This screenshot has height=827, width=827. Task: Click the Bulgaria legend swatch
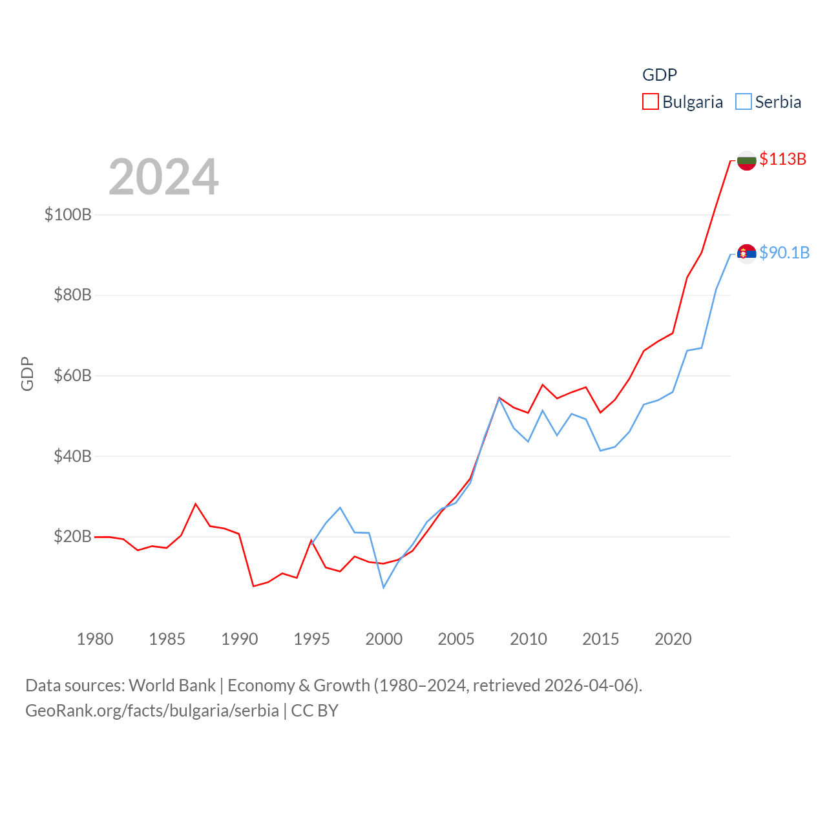pos(650,102)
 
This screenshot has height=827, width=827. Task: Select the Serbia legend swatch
pos(744,102)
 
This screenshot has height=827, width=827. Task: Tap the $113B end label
pos(782,159)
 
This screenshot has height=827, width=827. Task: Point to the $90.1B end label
pos(784,253)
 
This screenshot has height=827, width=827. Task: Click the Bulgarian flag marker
pos(746,160)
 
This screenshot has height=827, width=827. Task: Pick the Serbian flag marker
pos(746,253)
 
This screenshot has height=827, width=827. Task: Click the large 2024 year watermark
pos(163,177)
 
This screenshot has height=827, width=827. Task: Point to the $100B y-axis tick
pos(68,215)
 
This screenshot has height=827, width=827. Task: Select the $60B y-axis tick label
pos(72,375)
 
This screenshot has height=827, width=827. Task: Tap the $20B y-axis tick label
pos(72,536)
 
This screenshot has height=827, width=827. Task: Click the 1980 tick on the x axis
pos(95,639)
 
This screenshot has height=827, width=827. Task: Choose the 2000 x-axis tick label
pos(384,639)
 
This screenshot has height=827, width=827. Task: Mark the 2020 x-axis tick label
pos(673,639)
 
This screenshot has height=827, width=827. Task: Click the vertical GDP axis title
pos(27,373)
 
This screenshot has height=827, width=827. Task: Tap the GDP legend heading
pos(659,75)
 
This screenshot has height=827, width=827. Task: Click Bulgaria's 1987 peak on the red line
pos(196,504)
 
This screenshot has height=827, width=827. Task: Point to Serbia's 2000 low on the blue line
pos(384,587)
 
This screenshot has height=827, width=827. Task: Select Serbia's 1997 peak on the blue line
pos(340,508)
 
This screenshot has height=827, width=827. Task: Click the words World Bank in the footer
pos(172,685)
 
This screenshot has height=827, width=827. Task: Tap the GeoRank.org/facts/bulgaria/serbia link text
pos(152,711)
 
